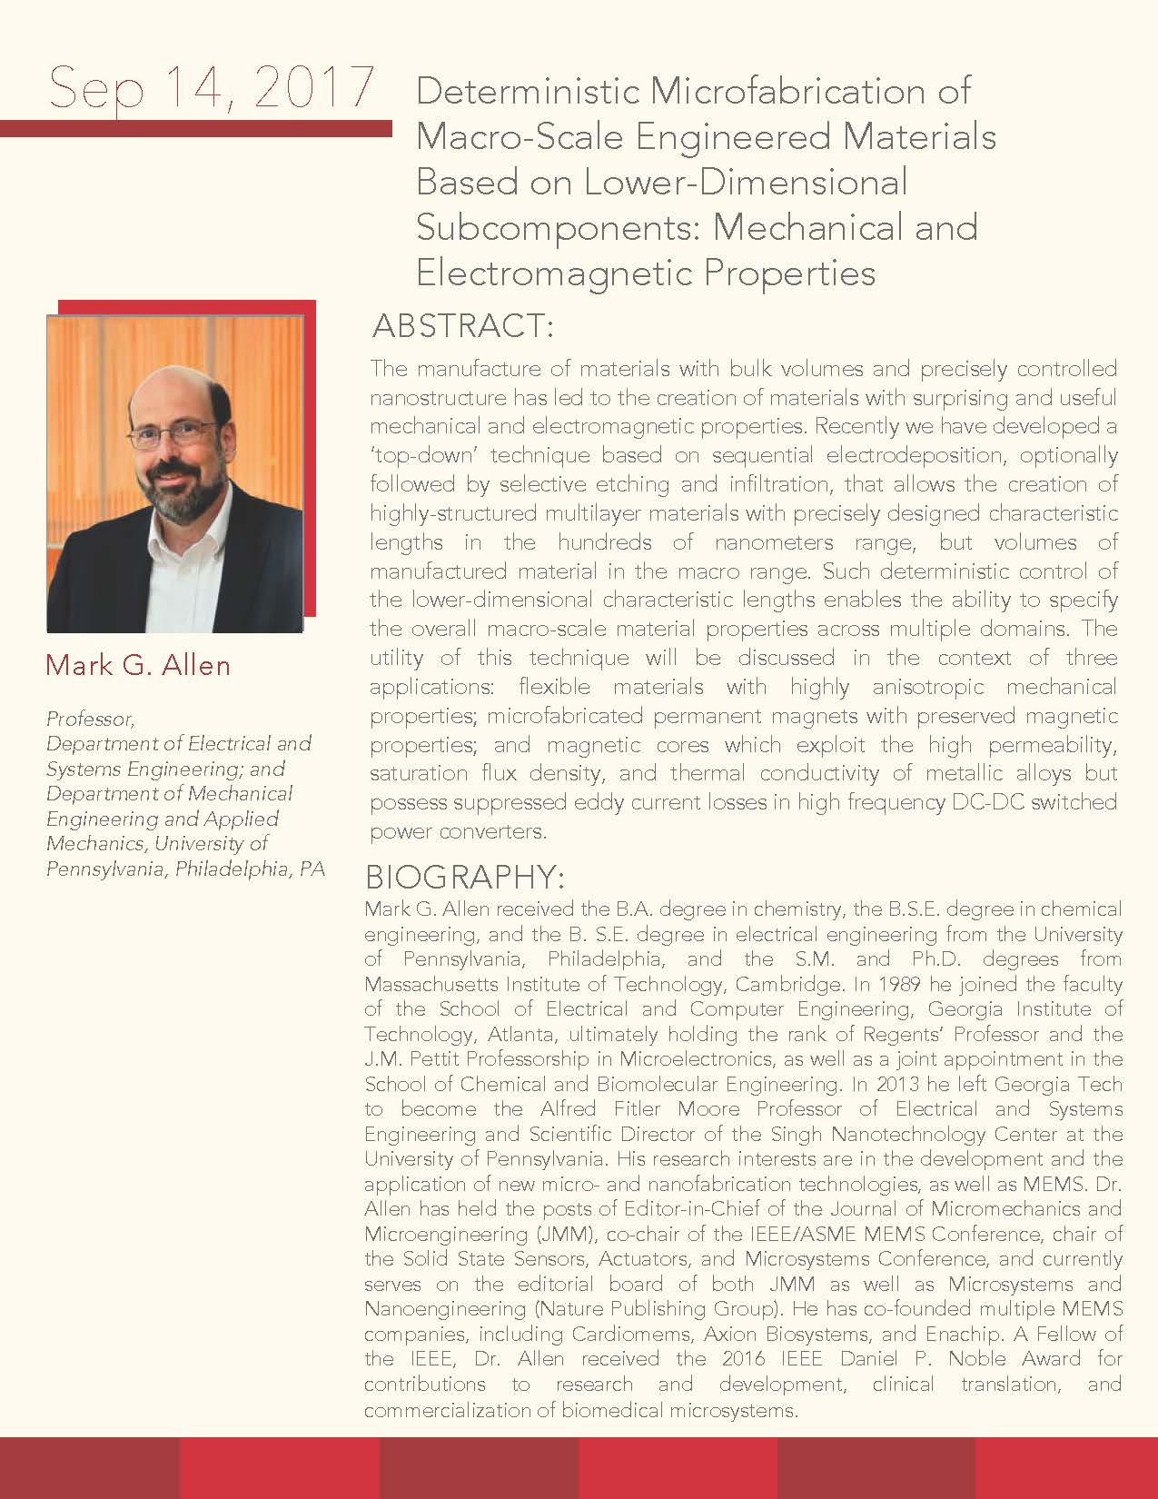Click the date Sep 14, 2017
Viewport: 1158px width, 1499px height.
(211, 88)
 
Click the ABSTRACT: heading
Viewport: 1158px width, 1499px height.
(463, 325)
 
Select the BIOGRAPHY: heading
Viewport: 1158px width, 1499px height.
(464, 878)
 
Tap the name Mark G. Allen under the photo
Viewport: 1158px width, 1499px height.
(138, 665)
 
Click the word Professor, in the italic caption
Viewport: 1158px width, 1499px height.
(90, 719)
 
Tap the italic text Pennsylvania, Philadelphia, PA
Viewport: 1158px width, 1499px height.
(185, 869)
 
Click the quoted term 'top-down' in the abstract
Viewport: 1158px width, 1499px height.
(421, 455)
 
